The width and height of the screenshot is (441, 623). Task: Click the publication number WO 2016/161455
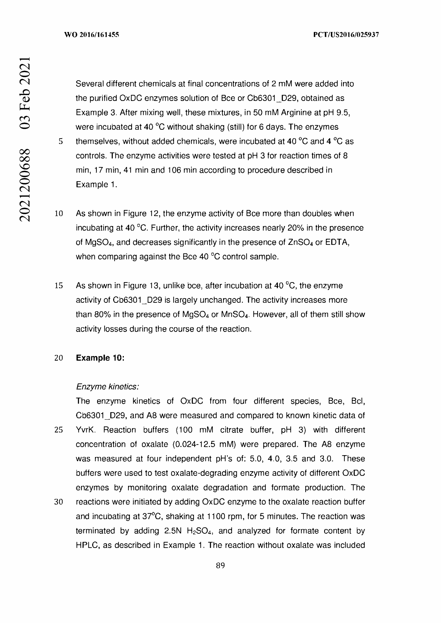92,35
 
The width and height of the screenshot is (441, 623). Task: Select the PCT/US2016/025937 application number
346,35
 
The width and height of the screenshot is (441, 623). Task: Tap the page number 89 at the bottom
220,565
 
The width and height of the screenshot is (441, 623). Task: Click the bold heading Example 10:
100,358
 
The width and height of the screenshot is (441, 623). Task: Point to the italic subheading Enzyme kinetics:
107,386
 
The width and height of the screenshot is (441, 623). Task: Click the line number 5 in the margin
61,141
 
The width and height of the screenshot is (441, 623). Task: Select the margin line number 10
59,214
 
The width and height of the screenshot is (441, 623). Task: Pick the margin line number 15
59,286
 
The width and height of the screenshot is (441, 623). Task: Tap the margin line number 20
59,358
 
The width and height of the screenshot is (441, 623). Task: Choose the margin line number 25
59,430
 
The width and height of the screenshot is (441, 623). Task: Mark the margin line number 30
59,502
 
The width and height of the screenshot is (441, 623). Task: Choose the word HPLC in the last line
87,545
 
